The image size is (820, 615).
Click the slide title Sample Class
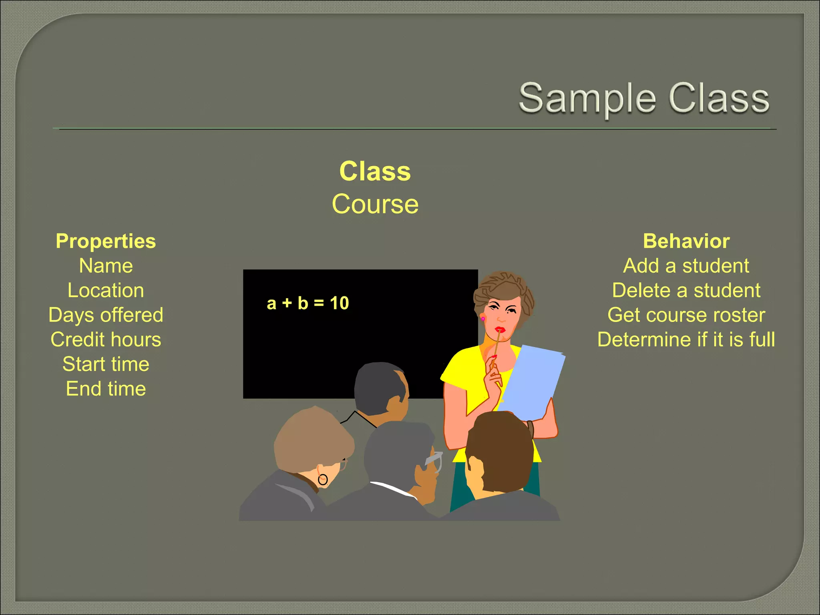point(644,98)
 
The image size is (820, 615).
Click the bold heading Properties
point(106,241)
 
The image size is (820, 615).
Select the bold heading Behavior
point(686,241)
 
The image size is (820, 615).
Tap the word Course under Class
point(375,204)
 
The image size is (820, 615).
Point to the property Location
point(106,290)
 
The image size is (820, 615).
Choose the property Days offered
point(106,315)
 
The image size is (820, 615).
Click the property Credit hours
point(106,340)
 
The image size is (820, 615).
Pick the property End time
point(106,389)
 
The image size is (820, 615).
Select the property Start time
point(106,364)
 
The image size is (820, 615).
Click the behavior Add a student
point(686,266)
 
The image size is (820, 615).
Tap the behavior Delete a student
point(686,290)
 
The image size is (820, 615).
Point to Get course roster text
point(686,315)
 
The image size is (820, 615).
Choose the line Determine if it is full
point(686,340)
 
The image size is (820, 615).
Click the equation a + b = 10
point(307,303)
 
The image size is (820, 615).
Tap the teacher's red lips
point(499,330)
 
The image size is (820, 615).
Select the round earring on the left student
point(323,479)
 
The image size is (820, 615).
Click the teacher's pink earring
point(483,319)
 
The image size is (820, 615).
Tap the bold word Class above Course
point(375,171)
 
